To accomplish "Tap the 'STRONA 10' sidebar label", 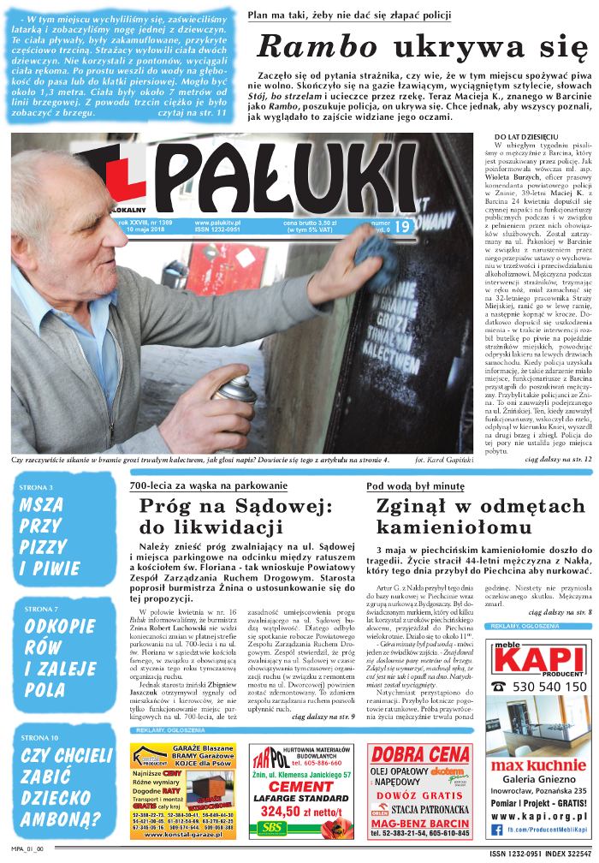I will [42, 736].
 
